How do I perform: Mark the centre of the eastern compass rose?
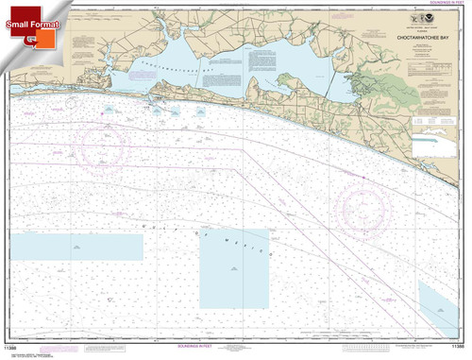362,202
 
